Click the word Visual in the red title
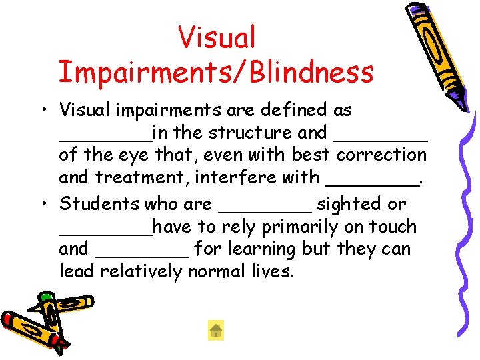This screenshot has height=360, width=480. coord(217,37)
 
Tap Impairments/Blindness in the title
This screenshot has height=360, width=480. coord(216,72)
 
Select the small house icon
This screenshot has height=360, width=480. coord(215,330)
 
